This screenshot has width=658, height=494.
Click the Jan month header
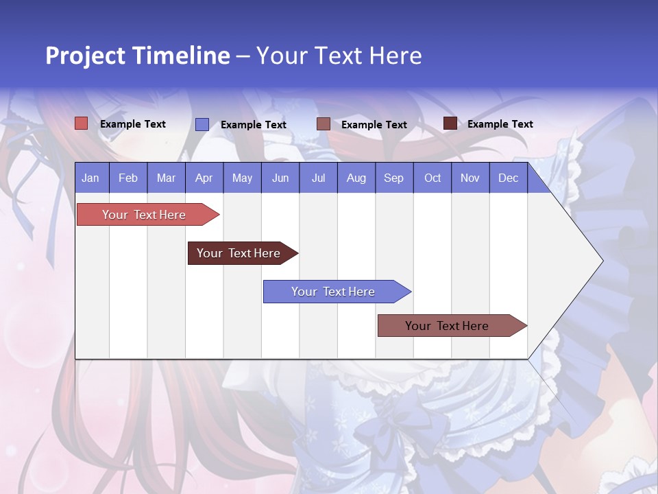(x=90, y=178)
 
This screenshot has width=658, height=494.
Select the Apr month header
(x=204, y=178)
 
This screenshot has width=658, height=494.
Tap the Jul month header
(x=318, y=178)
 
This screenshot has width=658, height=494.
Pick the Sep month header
(x=393, y=178)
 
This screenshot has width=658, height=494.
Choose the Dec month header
(x=508, y=178)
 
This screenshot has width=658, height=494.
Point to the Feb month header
(x=128, y=178)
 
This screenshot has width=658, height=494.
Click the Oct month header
(x=432, y=178)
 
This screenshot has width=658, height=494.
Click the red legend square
(x=82, y=123)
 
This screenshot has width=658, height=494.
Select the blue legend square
(x=202, y=124)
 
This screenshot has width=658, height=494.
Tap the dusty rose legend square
(x=324, y=124)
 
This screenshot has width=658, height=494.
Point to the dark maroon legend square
(x=450, y=123)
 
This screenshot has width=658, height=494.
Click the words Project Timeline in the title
(x=137, y=56)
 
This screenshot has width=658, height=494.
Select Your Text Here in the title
(x=339, y=56)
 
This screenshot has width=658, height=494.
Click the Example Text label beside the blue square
(x=253, y=125)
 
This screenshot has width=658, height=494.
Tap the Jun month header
(x=280, y=178)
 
